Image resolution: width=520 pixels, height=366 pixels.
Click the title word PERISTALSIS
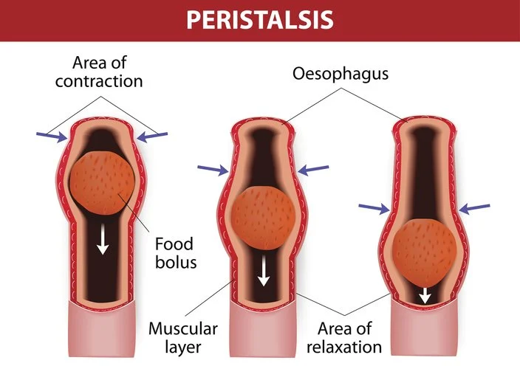[x=259, y=19]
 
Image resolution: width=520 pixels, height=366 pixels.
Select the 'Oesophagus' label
[x=341, y=75]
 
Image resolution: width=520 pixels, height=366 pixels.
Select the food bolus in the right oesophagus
[x=424, y=251]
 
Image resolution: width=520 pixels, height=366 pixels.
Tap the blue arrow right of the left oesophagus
[x=153, y=136]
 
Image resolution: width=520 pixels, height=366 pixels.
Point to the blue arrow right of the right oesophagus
[x=474, y=209]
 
